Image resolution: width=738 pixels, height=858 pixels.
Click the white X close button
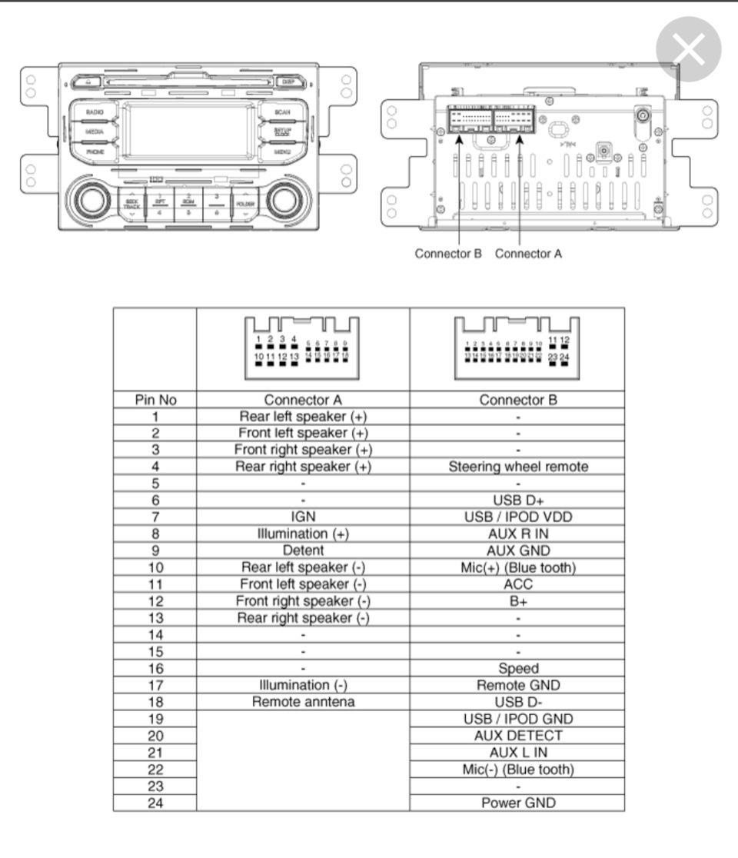(688, 50)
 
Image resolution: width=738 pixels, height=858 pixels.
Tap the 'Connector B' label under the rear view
(448, 254)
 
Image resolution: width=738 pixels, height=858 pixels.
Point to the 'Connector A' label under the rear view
(528, 254)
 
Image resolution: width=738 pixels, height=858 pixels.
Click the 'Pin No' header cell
(155, 400)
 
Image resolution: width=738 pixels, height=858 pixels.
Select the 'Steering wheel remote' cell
(517, 467)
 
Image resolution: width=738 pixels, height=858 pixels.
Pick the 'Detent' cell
(303, 550)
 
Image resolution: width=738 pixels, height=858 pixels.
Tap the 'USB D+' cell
(517, 500)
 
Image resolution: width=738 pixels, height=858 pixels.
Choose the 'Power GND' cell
(517, 803)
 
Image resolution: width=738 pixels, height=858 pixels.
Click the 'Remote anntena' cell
(303, 702)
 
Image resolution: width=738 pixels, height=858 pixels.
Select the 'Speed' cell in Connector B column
(517, 668)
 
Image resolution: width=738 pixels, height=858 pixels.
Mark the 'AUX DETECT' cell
(517, 735)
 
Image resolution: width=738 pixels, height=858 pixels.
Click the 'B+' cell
(517, 601)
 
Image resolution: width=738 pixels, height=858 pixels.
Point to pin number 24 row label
(155, 803)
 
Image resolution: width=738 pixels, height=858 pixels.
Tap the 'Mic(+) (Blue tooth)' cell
(517, 567)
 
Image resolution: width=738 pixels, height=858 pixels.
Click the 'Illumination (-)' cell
(303, 685)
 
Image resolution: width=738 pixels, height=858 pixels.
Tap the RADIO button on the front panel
(95, 112)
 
